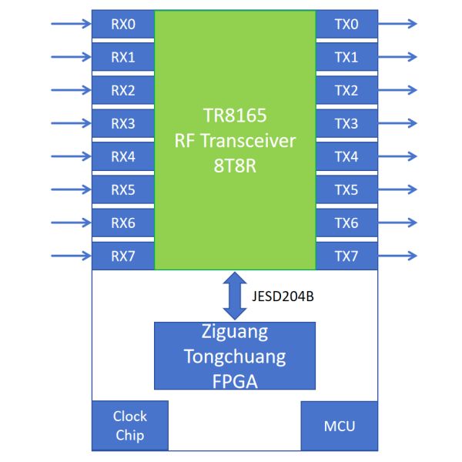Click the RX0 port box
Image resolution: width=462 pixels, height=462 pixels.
click(123, 24)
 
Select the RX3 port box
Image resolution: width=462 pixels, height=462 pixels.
click(123, 123)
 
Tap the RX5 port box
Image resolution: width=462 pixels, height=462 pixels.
click(123, 189)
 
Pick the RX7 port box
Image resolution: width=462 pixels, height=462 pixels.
click(123, 256)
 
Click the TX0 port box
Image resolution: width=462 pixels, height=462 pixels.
click(346, 24)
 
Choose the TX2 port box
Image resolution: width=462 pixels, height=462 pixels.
click(346, 90)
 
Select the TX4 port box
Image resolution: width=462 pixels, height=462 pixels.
click(346, 156)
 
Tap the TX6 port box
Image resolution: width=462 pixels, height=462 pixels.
click(346, 223)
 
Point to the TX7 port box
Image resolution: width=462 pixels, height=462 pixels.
click(346, 256)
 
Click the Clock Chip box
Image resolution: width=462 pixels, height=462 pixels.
click(130, 425)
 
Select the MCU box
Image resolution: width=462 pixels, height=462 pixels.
click(339, 425)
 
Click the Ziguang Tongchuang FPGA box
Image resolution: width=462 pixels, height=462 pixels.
click(235, 356)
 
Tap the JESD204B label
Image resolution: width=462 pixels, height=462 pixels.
click(282, 295)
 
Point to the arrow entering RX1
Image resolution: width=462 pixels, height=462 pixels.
click(71, 57)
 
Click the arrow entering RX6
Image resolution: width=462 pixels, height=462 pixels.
click(71, 223)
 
